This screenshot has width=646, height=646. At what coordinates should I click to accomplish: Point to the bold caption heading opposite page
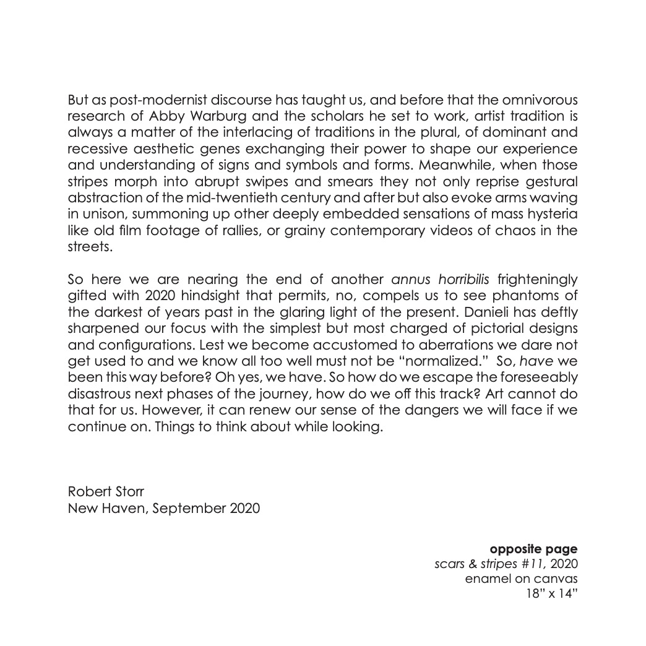533,548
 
